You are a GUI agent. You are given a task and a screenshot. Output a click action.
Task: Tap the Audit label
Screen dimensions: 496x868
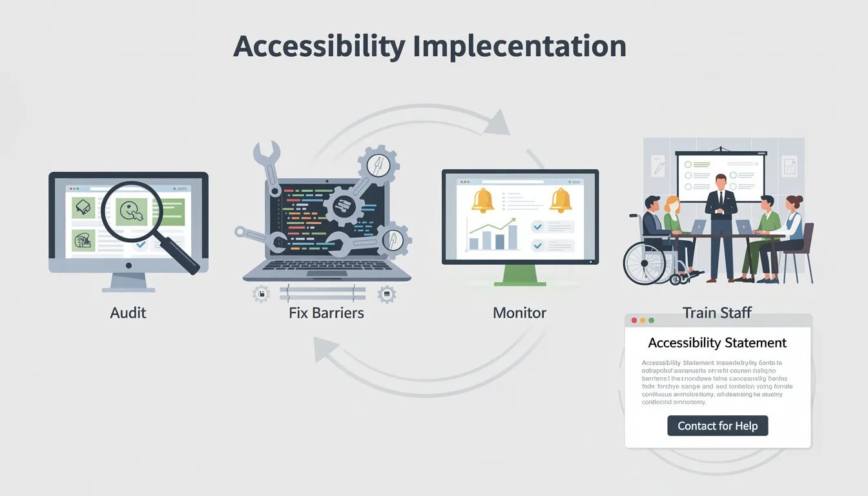tap(128, 313)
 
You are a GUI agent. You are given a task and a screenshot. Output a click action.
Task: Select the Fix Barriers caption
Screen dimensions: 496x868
tap(326, 313)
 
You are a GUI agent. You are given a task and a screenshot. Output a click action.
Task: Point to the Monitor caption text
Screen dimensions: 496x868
tap(519, 313)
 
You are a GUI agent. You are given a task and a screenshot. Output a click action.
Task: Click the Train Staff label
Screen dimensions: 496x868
tap(717, 313)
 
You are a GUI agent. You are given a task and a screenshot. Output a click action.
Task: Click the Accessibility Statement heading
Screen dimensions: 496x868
tap(717, 343)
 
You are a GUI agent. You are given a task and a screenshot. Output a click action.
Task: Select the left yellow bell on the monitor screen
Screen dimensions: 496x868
tap(482, 201)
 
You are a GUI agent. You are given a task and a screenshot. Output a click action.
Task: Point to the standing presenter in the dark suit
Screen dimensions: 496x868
tap(720, 226)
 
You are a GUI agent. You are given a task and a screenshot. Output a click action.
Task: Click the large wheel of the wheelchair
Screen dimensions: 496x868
tap(644, 263)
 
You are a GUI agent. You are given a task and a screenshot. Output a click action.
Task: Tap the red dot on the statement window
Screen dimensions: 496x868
tap(634, 320)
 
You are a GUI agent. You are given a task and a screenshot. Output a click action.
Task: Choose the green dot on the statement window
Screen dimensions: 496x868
tap(651, 320)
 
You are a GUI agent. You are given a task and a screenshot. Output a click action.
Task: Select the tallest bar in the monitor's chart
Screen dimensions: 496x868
tap(512, 236)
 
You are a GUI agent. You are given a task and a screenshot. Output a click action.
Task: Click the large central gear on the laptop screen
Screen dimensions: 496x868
tap(343, 206)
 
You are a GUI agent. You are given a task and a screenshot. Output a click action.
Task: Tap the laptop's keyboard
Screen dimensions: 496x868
tap(327, 265)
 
